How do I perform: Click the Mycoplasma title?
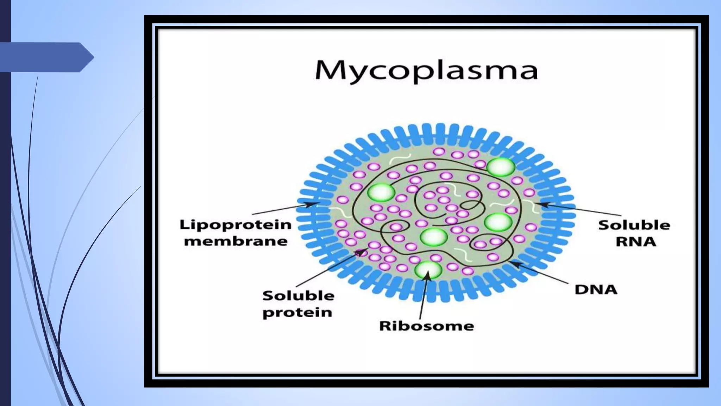tap(426, 71)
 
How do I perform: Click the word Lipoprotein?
tap(236, 224)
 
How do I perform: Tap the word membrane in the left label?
tap(236, 241)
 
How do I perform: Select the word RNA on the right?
tap(636, 241)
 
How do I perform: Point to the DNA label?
tap(596, 290)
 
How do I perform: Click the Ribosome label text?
tap(426, 326)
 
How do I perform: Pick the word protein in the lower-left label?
tap(297, 312)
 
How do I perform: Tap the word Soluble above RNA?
tap(634, 225)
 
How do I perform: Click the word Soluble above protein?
tap(298, 295)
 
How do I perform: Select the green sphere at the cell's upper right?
tap(501, 167)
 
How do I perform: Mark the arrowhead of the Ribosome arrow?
tap(427, 274)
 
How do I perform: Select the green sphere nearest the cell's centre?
tap(433, 236)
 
